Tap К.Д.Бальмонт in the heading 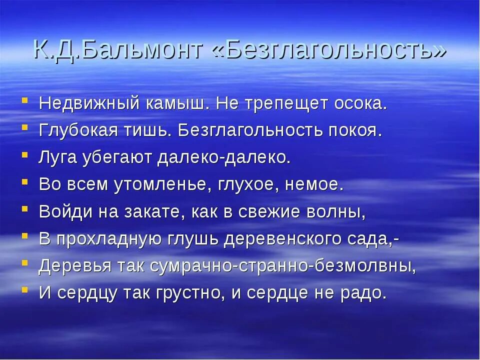pos(118,50)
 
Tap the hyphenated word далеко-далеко pos(223,157)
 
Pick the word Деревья pos(71,265)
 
